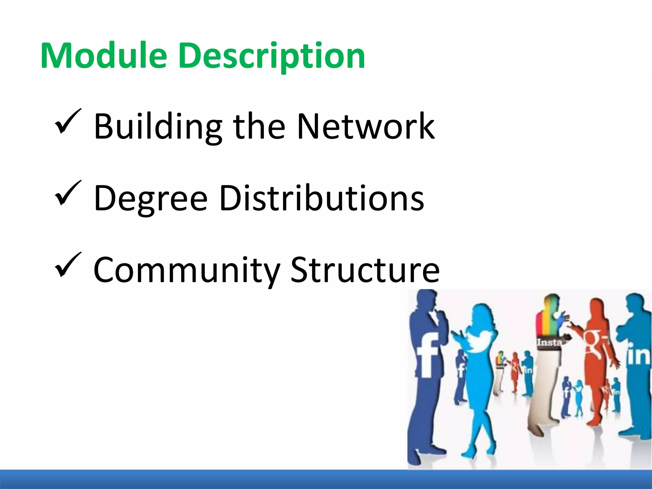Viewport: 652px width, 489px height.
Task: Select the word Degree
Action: (151, 199)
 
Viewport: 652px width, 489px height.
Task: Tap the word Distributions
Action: (322, 198)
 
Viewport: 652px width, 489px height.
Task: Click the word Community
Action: (187, 270)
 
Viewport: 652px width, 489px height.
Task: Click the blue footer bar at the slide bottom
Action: (326, 479)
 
